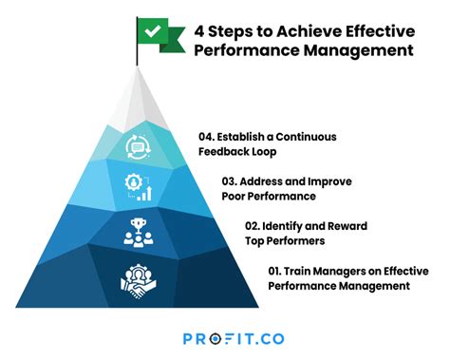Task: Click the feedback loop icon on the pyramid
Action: click(137, 145)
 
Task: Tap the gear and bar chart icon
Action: click(137, 185)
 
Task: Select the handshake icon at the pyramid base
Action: click(137, 279)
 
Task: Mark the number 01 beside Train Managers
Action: click(276, 271)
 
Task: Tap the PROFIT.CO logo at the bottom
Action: click(233, 337)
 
